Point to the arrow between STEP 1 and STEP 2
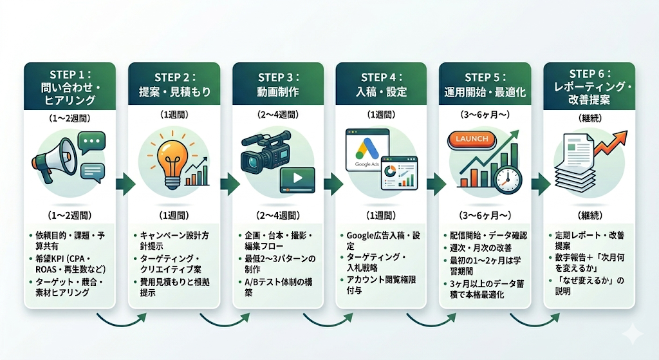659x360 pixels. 122,185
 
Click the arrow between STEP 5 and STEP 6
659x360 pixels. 537,185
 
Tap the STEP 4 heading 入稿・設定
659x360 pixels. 382,91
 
